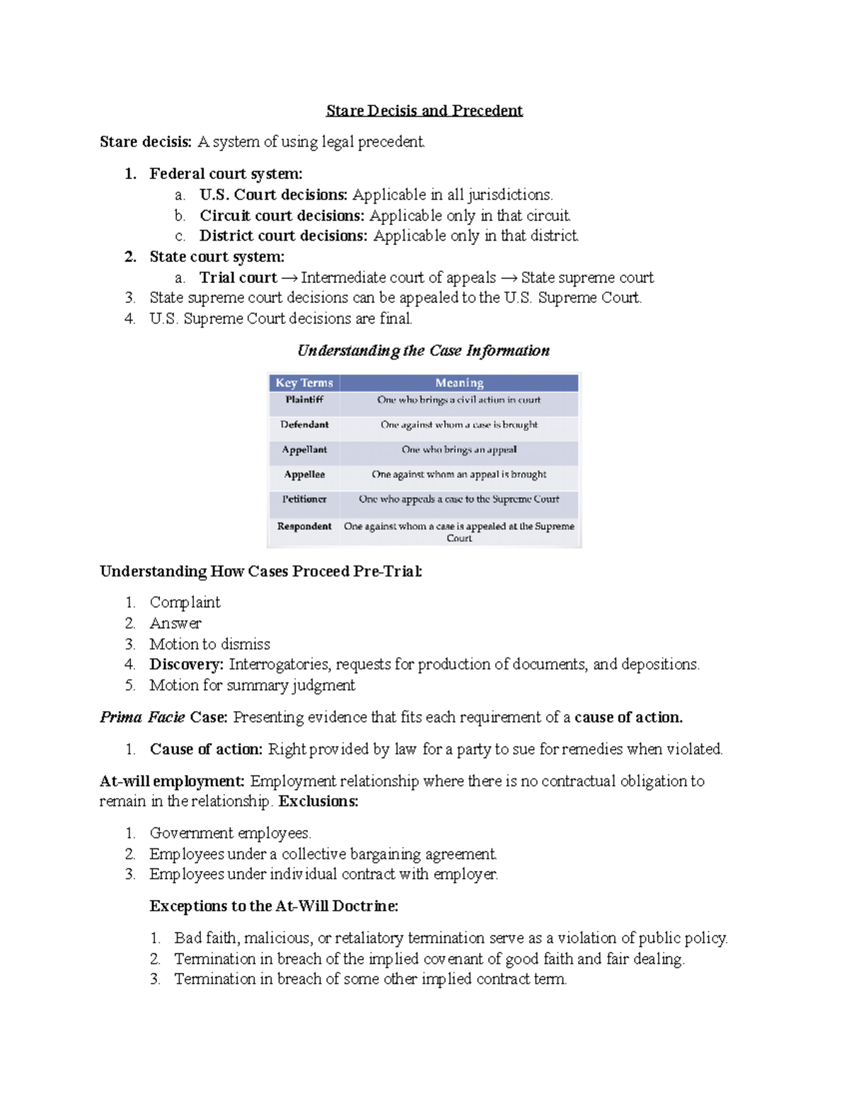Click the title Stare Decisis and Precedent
[424, 110]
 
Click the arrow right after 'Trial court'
[289, 278]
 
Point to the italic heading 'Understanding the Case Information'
[423, 350]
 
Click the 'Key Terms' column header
[304, 383]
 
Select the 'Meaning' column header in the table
[459, 383]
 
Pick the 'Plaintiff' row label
[304, 400]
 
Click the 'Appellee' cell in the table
[304, 474]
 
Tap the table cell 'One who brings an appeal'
[459, 449]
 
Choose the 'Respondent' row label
[304, 527]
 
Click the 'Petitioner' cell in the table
[304, 499]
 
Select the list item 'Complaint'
[185, 602]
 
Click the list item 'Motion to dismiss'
[209, 644]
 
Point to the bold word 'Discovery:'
[186, 664]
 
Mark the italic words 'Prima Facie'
[142, 718]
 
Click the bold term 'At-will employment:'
[172, 781]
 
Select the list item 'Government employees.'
[230, 833]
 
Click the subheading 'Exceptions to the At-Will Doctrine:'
[274, 907]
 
